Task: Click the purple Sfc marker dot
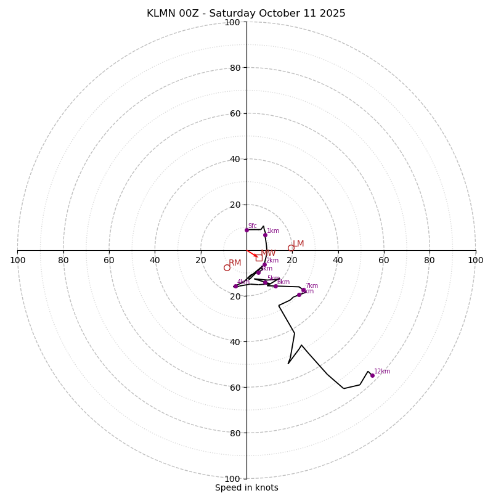click(246, 230)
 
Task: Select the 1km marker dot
click(265, 235)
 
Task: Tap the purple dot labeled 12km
click(372, 375)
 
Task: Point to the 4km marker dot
click(235, 286)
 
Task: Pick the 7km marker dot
click(303, 290)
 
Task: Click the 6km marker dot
click(275, 286)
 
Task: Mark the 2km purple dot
click(264, 264)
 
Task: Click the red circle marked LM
click(291, 248)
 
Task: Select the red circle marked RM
click(227, 267)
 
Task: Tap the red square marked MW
click(259, 258)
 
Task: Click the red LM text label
click(298, 244)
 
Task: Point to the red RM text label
click(235, 263)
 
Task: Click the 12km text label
click(382, 372)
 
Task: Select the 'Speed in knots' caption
click(246, 487)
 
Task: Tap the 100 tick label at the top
click(232, 22)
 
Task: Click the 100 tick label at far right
click(475, 260)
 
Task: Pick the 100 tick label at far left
click(17, 260)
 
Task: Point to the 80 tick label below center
click(232, 433)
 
